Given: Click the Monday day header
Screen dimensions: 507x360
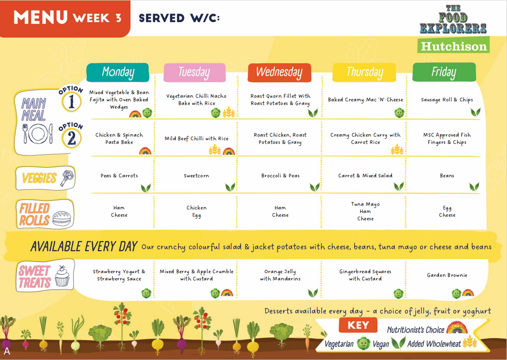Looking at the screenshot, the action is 117,72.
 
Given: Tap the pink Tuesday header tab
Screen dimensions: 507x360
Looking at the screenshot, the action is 194,72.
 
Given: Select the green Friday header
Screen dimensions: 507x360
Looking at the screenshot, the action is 444,72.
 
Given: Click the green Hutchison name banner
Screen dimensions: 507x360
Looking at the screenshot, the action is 453,45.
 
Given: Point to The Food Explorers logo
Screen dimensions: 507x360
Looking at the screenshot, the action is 453,19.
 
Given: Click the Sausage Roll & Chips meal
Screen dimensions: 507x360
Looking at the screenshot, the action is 447,99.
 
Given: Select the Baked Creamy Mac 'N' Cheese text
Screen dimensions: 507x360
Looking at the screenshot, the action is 366,99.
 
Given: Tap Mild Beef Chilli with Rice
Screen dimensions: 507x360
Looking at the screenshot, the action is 197,138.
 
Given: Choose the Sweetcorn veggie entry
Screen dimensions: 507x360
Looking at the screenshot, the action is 196,175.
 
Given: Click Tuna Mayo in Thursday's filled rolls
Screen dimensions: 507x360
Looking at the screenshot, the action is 366,204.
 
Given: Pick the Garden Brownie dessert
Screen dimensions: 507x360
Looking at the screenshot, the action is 447,275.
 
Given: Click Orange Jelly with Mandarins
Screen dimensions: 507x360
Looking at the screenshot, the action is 280,275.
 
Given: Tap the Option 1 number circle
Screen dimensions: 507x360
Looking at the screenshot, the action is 71,102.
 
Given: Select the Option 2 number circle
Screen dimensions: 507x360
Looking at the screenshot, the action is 71,138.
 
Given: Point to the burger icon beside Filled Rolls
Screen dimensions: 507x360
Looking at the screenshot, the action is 61,218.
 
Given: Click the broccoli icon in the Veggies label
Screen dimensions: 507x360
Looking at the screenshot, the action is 67,178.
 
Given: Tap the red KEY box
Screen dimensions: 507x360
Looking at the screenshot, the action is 358,325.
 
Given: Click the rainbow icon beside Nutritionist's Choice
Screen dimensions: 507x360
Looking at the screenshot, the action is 456,327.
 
